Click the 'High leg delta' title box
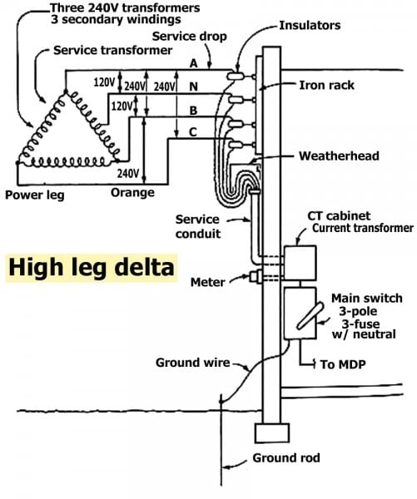(92, 269)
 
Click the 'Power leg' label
(34, 195)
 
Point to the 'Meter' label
(207, 283)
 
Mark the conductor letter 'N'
(192, 86)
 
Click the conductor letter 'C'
(192, 132)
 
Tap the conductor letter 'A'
(192, 63)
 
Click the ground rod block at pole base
(271, 433)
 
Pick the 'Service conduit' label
(198, 226)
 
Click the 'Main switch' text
(366, 297)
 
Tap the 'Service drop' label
(186, 37)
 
